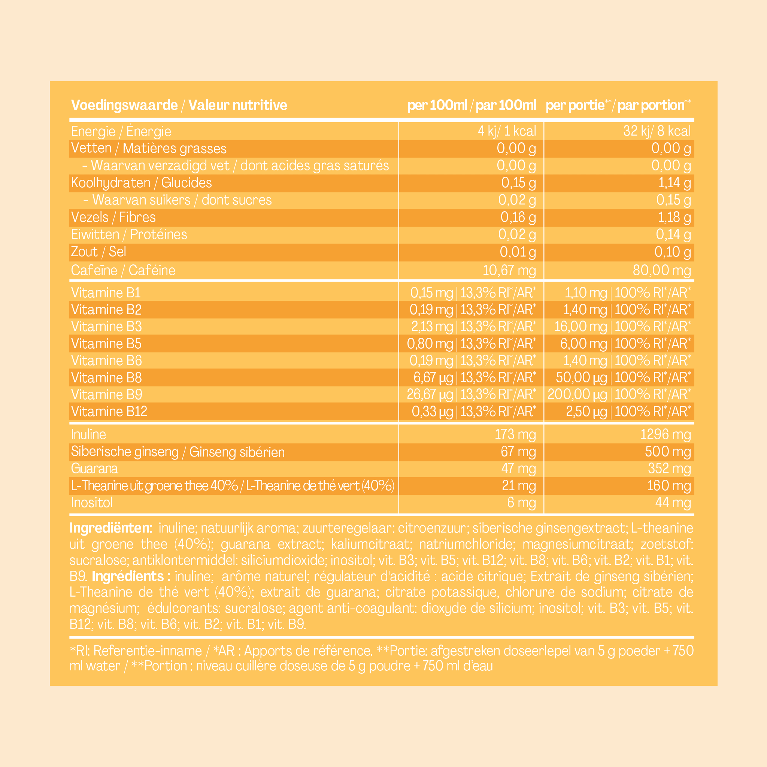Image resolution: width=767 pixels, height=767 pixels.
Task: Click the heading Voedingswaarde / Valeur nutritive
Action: pos(179,105)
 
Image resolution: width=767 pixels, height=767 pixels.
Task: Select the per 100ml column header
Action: pos(472,105)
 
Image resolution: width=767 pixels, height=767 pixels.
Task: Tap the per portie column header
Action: pos(618,105)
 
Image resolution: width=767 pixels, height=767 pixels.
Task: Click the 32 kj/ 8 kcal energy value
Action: pos(657,131)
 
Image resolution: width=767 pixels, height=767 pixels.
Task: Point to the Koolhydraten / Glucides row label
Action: pos(141,183)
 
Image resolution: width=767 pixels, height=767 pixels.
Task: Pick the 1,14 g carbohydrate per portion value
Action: pos(674,183)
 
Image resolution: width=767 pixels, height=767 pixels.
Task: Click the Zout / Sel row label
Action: pos(98,252)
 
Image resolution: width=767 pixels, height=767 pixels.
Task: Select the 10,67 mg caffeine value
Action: pos(509,270)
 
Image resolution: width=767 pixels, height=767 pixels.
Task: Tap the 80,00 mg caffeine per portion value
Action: pos(662,270)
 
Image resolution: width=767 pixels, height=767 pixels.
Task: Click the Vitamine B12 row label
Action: pos(109,411)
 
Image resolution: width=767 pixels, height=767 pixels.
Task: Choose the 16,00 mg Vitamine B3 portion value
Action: pos(580,327)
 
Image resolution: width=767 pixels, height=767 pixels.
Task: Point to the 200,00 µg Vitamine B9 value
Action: pos(577,394)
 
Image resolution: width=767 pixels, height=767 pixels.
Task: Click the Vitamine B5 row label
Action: pos(106,344)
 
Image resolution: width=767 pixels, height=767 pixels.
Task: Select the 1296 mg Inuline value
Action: pos(666,434)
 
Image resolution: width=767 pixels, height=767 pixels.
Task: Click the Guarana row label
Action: pos(94,469)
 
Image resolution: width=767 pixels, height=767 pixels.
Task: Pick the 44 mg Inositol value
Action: pos(673,503)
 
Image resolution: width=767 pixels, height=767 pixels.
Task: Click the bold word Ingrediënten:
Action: pos(111,528)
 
